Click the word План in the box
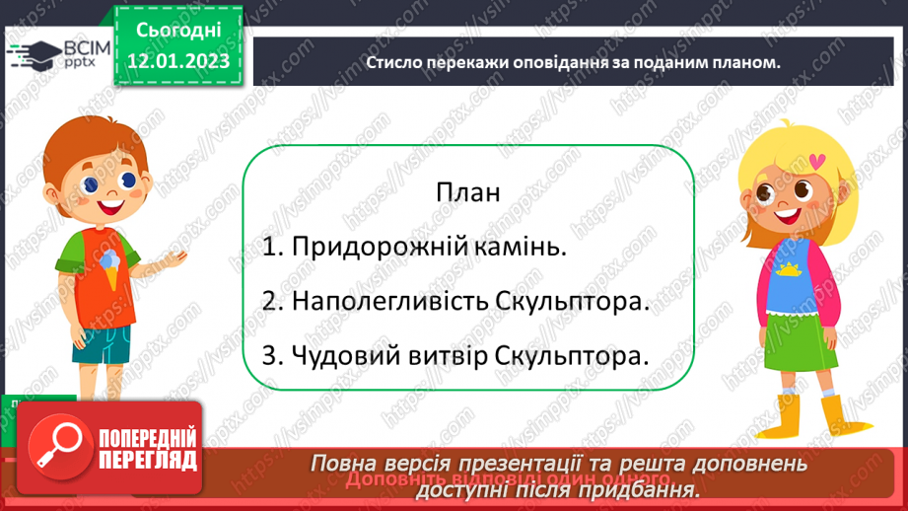(x=467, y=191)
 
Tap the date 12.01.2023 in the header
(x=178, y=62)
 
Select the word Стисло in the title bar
(x=395, y=61)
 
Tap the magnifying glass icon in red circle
(x=57, y=449)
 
